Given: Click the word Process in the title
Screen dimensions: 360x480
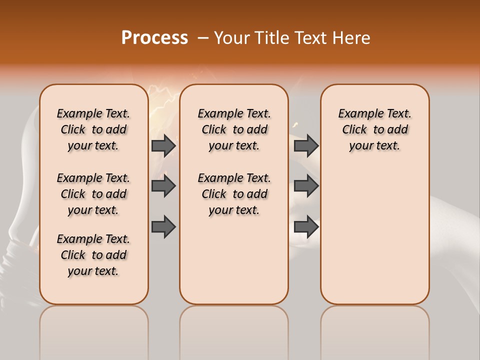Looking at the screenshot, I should (x=154, y=38).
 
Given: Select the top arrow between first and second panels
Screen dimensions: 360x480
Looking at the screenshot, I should (x=163, y=145).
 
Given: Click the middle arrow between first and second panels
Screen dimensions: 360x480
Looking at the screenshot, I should (x=163, y=186).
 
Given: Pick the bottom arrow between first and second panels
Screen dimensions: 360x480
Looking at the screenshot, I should (x=163, y=226).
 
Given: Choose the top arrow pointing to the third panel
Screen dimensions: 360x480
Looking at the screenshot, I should (x=306, y=145).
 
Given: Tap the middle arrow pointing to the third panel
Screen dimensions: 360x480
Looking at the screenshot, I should (x=306, y=186).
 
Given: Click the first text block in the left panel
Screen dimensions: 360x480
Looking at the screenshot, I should (x=93, y=129).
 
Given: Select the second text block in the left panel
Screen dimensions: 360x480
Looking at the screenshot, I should (x=93, y=194).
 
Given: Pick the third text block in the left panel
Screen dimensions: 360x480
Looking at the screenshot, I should (x=93, y=255).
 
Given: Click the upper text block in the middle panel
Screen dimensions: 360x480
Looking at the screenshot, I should (x=234, y=129).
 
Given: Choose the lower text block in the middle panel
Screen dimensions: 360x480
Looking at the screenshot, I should (x=234, y=194).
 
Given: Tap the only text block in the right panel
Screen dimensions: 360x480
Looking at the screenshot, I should (x=374, y=129).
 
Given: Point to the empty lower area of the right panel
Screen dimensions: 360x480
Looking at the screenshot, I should (x=374, y=235).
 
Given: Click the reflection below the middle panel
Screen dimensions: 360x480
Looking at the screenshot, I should (x=234, y=330).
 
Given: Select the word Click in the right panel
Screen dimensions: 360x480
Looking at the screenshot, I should (x=354, y=130).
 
